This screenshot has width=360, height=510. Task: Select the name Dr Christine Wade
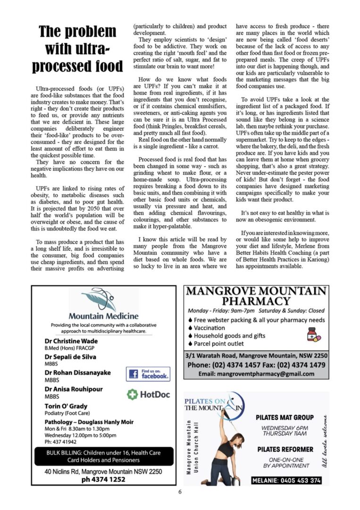click(x=71, y=341)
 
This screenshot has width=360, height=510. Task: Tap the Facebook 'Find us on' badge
click(x=148, y=374)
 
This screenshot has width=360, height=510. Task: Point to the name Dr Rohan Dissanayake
click(x=78, y=373)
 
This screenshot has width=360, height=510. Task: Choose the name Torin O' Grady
click(x=66, y=406)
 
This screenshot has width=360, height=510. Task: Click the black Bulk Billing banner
click(x=104, y=456)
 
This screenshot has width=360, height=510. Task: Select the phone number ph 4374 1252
click(x=103, y=479)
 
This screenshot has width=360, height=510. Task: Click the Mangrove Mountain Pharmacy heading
click(x=256, y=296)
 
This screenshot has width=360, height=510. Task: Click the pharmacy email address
click(x=256, y=374)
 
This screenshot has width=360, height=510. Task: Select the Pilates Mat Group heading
click(x=285, y=417)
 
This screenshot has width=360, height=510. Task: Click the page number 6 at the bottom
click(x=180, y=492)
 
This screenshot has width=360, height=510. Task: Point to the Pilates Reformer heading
click(x=285, y=449)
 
